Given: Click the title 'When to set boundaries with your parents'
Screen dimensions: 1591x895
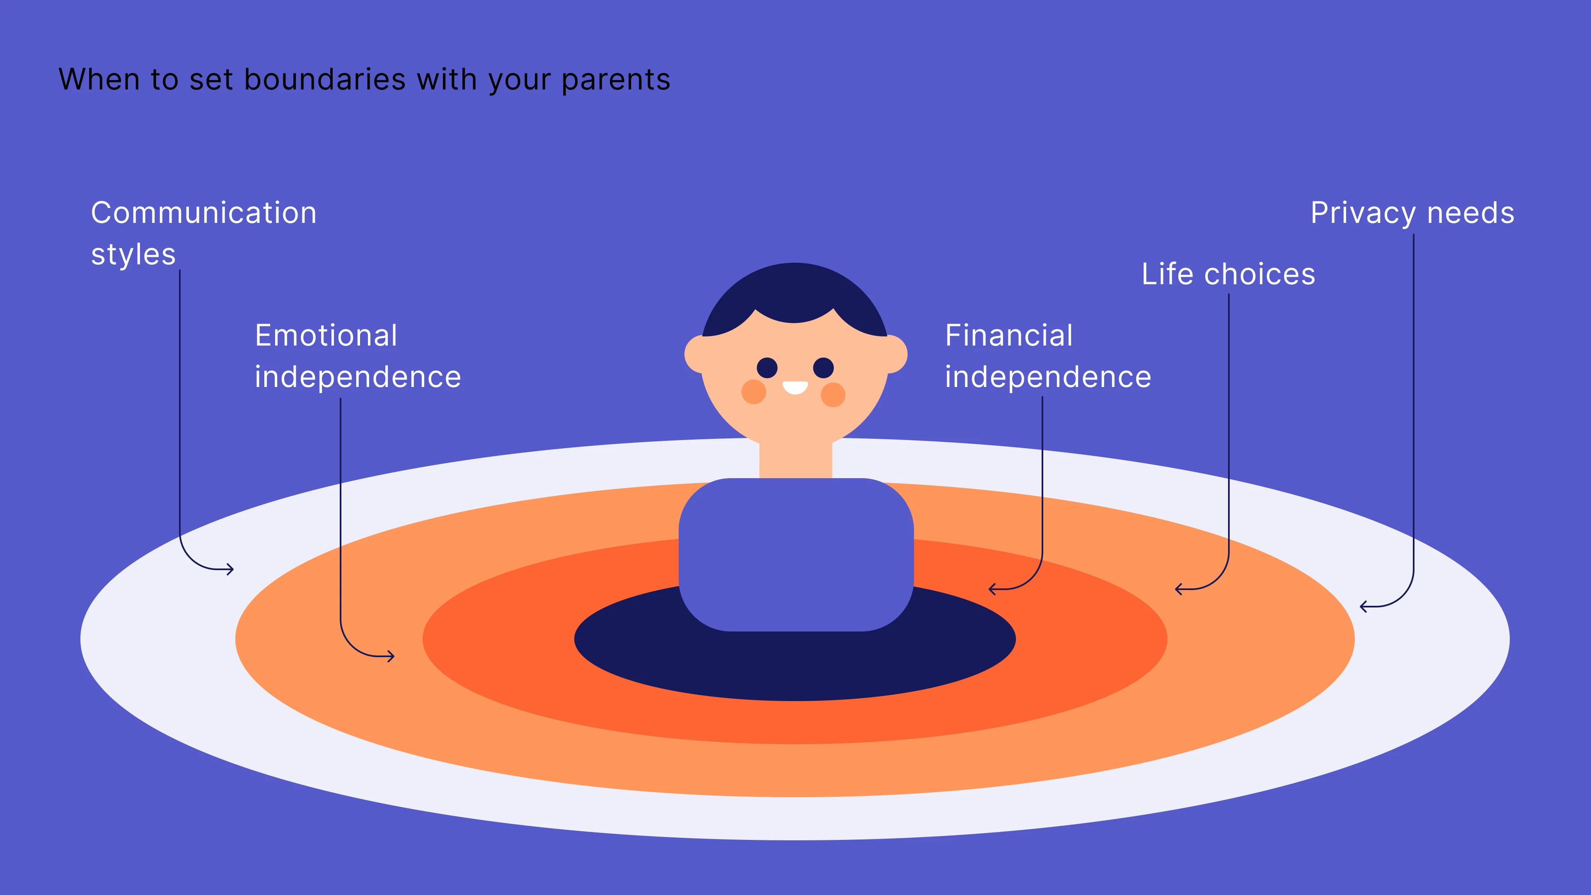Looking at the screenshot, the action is [x=365, y=80].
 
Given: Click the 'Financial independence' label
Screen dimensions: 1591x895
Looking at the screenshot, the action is [x=1048, y=356].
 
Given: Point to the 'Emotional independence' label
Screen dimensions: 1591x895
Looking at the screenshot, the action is [x=358, y=356].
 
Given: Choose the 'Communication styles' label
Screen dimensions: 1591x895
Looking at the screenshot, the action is [x=204, y=233].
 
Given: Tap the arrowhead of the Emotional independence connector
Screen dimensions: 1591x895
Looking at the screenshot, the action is [x=392, y=656].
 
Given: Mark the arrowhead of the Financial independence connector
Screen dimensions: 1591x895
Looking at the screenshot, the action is [x=991, y=589].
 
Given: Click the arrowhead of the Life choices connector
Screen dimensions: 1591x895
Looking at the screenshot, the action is [x=1178, y=589].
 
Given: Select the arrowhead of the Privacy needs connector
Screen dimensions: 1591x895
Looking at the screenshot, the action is [x=1363, y=607].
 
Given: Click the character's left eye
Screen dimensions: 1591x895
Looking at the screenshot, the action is [x=767, y=368].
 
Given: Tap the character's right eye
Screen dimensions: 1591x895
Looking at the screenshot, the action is [x=823, y=368].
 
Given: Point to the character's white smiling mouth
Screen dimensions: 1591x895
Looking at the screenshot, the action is [x=795, y=387].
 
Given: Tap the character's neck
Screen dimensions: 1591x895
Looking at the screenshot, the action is [x=795, y=458].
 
